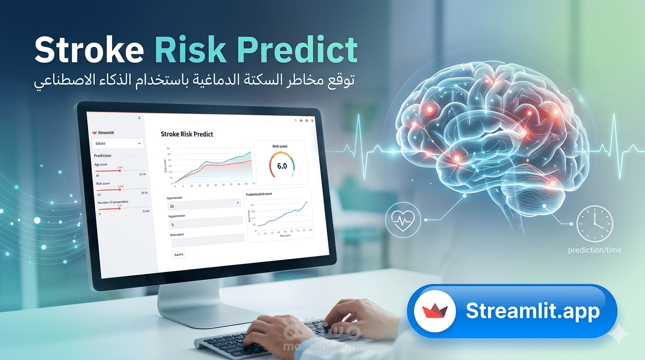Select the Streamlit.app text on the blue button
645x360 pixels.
532,311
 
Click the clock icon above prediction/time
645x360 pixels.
594,224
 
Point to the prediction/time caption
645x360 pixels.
594,250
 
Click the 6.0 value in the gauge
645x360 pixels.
282,166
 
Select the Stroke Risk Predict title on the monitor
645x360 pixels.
187,134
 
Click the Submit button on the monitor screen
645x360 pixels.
179,254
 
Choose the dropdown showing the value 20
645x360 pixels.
204,205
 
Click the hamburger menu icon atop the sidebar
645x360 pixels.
139,118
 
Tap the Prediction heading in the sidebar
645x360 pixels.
103,156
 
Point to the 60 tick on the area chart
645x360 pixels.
168,149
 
